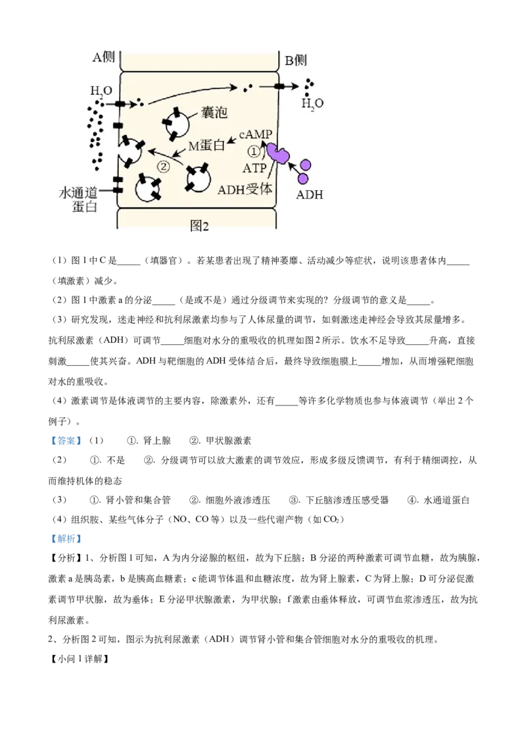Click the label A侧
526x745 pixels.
103,57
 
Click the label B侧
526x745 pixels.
295,61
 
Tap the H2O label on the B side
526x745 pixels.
312,103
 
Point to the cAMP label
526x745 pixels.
256,134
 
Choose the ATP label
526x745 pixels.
254,168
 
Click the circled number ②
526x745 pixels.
162,167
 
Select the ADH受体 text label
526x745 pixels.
245,189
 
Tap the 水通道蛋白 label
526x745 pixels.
78,199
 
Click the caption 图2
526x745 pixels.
199,226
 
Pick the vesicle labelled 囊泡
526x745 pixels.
177,123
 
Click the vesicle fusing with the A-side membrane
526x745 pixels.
131,151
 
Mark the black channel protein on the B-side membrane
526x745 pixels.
279,86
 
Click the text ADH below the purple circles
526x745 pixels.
310,195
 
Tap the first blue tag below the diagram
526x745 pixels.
66,440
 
